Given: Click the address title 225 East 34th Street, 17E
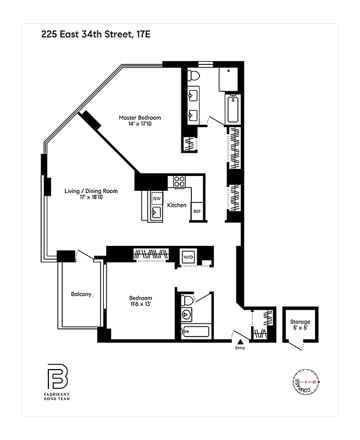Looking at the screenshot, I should [96, 35].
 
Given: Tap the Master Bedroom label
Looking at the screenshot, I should [140, 118].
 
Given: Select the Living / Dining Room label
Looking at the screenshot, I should [91, 191].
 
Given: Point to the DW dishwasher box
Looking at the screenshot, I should [157, 199].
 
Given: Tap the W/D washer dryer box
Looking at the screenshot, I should [187, 256].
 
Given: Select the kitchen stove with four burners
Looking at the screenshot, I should [180, 181].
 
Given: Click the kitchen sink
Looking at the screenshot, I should [156, 212].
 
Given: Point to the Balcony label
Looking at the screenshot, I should [81, 294].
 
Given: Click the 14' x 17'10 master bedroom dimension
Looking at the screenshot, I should [140, 124].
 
